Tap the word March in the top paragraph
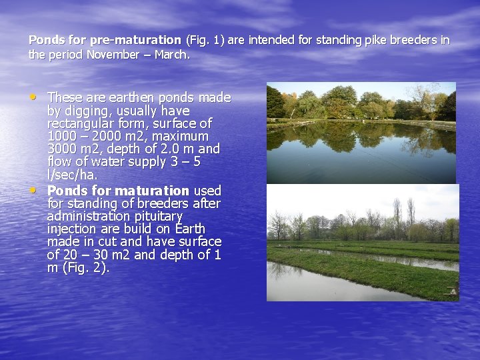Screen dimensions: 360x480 (171, 55)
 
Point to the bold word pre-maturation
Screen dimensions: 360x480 (137, 40)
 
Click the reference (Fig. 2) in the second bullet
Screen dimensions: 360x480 (84, 268)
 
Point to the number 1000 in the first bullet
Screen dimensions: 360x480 (61, 137)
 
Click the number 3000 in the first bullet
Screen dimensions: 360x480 (61, 149)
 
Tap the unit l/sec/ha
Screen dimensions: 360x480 (73, 175)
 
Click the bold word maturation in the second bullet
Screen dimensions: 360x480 (151, 191)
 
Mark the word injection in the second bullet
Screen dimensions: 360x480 (71, 229)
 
